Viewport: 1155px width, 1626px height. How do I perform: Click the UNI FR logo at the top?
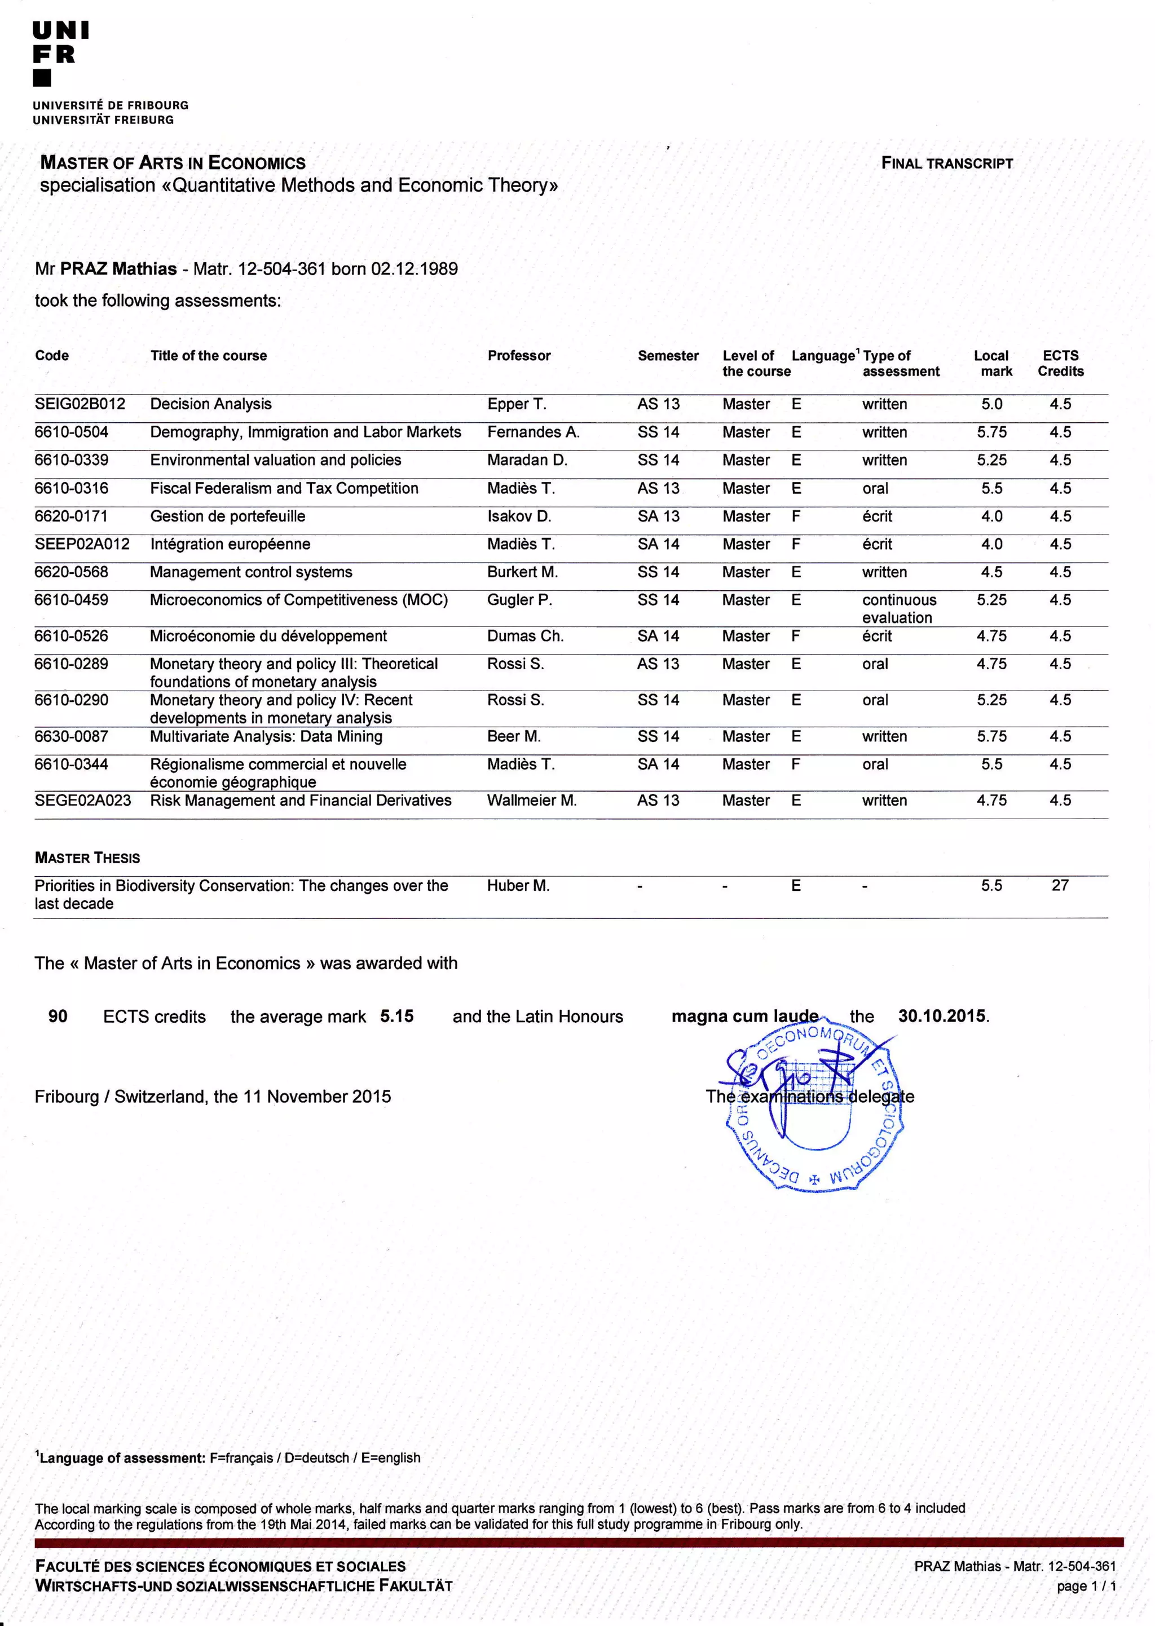[60, 54]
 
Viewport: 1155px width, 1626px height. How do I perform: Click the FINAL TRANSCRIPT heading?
[947, 163]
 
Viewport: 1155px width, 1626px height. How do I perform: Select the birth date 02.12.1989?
[414, 269]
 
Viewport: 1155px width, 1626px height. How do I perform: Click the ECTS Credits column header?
[1060, 363]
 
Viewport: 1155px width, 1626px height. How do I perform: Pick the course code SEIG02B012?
[80, 404]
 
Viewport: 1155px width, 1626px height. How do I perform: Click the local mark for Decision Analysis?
[991, 404]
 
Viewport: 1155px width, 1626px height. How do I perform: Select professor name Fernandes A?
[533, 432]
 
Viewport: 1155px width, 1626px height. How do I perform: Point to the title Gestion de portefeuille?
[228, 516]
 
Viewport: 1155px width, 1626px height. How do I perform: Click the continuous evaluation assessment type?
[899, 608]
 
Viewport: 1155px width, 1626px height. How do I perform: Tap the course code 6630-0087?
[71, 736]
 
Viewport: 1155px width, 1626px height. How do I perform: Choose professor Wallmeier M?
[531, 801]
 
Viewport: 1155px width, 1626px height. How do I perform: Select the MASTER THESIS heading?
[87, 858]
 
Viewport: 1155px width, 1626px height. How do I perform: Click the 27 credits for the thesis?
[1060, 885]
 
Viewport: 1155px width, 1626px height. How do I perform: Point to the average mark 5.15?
[396, 1016]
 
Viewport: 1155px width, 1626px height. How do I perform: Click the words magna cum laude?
[744, 1016]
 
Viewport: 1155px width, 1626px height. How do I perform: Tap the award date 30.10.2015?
[942, 1016]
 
